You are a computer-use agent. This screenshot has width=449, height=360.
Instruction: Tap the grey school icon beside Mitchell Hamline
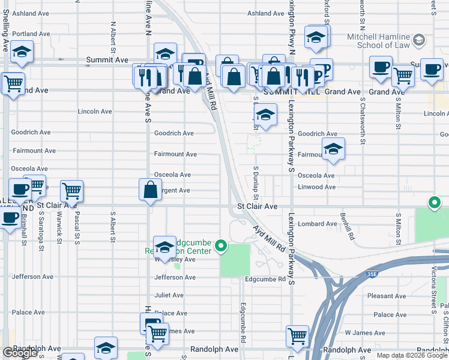point(419,40)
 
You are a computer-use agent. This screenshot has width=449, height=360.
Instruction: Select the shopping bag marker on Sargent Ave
point(150,190)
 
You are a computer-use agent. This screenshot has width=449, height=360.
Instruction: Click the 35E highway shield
point(372,273)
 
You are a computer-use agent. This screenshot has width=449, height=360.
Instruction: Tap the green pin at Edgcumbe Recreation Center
point(221,245)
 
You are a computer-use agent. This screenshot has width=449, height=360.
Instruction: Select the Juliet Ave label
point(169,295)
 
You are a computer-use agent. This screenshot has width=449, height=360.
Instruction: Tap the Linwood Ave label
point(317,187)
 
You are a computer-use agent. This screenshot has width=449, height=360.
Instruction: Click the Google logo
point(20,352)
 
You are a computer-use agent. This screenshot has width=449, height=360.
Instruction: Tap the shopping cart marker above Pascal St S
point(71,191)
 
